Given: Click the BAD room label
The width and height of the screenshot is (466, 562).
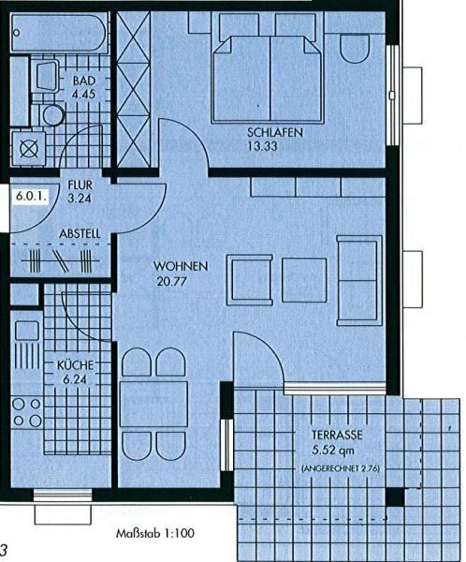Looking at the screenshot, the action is [84, 81].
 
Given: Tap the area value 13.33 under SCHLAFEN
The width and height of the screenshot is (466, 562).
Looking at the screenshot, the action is [262, 146].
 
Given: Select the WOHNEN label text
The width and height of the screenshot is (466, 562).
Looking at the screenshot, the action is [181, 266].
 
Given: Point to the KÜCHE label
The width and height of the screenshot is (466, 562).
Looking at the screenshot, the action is [75, 365].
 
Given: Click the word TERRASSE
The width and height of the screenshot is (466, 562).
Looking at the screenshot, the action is [337, 436].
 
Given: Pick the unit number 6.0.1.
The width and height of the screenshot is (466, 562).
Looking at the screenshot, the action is [32, 197].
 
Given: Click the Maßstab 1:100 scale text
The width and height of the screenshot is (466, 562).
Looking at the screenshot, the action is [155, 533].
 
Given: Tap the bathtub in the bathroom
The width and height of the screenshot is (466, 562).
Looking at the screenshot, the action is [59, 33].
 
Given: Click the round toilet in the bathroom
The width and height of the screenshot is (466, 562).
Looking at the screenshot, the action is [53, 115].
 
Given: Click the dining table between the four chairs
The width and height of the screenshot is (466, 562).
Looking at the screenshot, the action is [153, 405].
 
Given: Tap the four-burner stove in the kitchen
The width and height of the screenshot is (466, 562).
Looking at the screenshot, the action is [27, 412].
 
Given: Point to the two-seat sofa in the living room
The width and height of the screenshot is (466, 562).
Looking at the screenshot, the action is [359, 280].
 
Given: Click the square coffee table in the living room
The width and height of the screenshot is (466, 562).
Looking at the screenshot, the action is [304, 280].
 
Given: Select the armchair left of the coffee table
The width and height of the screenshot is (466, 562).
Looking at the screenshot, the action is [249, 280].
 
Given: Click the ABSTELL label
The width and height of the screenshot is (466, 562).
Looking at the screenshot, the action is [80, 233].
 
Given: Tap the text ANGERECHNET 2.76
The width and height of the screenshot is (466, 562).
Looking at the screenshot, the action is [341, 468].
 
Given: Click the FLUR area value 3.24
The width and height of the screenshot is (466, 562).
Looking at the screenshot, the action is [80, 199].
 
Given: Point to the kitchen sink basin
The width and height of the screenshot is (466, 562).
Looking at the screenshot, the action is [27, 331].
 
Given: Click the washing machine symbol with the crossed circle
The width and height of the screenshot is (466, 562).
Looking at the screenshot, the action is [29, 149].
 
